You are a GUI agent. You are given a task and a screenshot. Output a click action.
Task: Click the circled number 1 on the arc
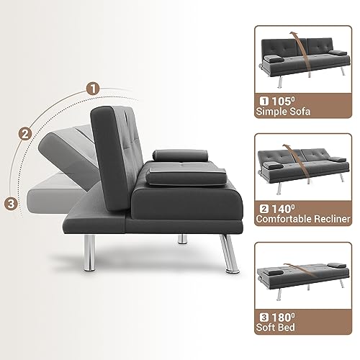click(x=91, y=89)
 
